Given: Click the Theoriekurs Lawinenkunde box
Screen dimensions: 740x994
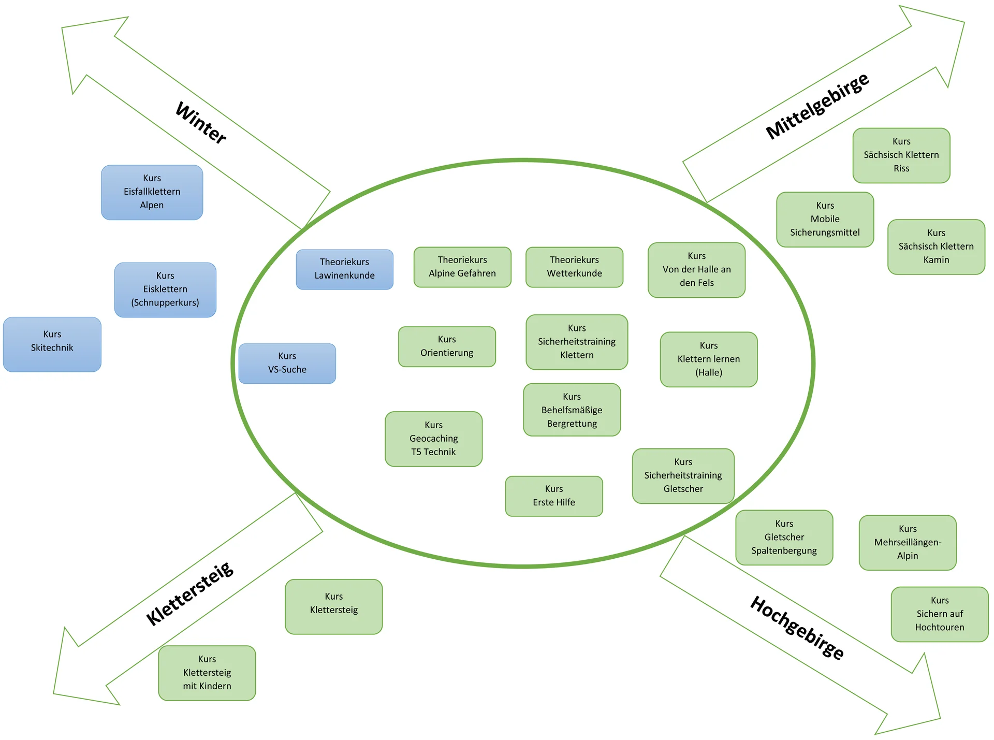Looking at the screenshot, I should click(x=344, y=269).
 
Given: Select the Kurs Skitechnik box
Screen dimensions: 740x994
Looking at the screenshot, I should click(x=52, y=344).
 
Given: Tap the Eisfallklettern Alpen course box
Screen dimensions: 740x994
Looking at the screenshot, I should click(x=152, y=192).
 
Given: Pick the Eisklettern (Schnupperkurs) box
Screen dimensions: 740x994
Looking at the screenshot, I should click(x=165, y=289).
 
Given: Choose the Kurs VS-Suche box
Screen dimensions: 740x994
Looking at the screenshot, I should click(x=287, y=363).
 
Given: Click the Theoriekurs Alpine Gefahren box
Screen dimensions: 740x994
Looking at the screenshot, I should click(x=462, y=267).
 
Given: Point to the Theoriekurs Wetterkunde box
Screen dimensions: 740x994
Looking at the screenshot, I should click(x=574, y=267).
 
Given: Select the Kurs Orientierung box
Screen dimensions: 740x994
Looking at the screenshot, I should click(x=447, y=346).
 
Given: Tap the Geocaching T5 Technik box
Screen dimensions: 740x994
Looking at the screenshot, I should click(x=433, y=439).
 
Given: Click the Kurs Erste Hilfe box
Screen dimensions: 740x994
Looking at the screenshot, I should click(x=553, y=496).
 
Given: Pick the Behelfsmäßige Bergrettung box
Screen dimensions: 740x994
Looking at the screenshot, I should click(x=572, y=410).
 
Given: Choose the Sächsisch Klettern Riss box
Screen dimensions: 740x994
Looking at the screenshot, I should click(x=901, y=155).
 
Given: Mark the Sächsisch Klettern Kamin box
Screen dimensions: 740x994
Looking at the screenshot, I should click(x=936, y=246).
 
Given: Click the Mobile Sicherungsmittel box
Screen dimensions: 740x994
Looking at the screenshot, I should click(x=825, y=219).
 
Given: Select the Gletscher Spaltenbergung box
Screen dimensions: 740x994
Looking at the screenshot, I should click(x=784, y=537).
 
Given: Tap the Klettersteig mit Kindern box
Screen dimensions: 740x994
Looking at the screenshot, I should click(x=207, y=673).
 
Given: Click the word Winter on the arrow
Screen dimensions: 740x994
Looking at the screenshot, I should click(x=201, y=123).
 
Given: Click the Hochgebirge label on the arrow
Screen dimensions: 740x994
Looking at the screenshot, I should click(x=797, y=628).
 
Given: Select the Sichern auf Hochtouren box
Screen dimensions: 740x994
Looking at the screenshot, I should click(x=939, y=614).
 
